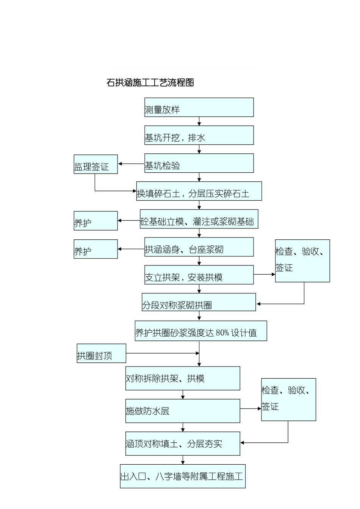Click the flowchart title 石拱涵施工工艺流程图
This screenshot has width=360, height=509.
[150, 83]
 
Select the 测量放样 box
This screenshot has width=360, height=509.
[199, 107]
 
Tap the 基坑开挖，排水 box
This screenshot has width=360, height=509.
[199, 135]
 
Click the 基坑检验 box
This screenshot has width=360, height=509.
[199, 163]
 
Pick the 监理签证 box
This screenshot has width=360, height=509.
[95, 164]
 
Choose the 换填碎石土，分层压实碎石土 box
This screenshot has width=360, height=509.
[199, 191]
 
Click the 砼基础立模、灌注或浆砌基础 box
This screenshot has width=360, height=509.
[199, 219]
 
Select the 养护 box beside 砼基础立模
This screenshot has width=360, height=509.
[95, 221]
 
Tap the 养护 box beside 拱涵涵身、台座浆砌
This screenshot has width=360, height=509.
[95, 249]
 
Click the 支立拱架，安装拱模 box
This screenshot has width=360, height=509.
[199, 275]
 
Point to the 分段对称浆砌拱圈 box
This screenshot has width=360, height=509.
[199, 302]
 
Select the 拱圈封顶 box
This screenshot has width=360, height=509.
[102, 353]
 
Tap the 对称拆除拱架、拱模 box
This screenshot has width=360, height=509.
[183, 378]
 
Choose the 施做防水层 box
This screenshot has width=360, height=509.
[183, 411]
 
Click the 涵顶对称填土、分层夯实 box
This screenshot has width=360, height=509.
[183, 443]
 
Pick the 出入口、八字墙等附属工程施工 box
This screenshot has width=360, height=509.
[183, 476]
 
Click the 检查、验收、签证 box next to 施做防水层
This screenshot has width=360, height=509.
[288, 400]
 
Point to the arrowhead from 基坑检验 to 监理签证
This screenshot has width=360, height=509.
[120, 164]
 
